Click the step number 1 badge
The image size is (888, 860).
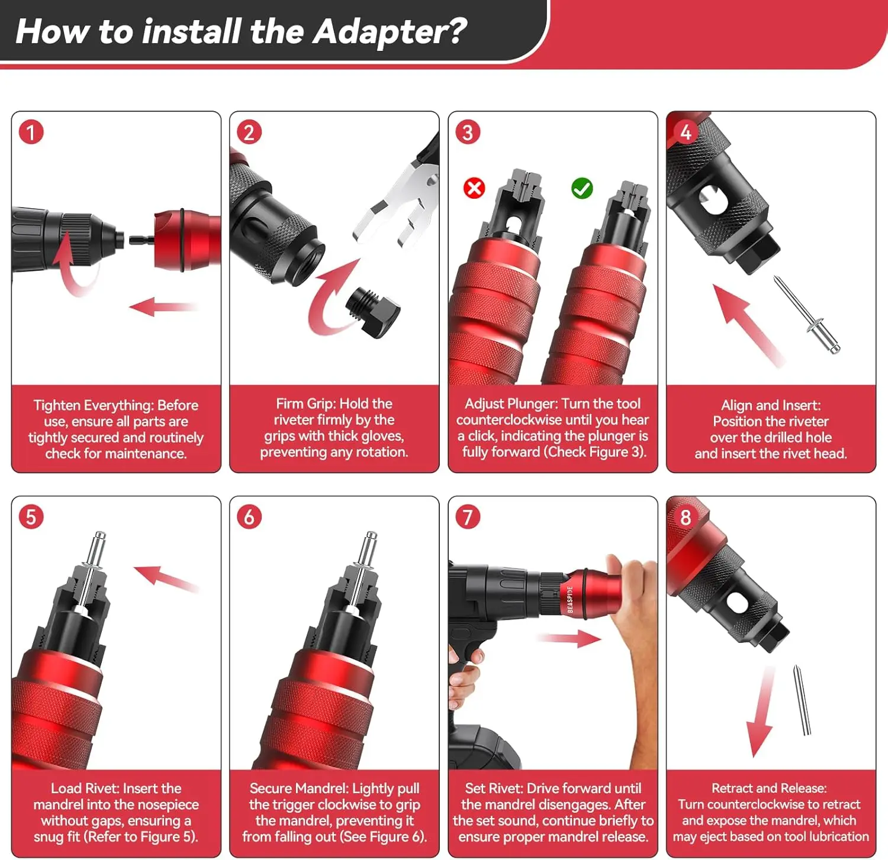[31, 132]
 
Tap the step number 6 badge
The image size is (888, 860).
[249, 517]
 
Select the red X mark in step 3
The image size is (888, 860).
[474, 189]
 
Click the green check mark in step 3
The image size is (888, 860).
[582, 189]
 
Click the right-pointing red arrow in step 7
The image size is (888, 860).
[569, 638]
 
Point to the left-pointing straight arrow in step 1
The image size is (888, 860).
[163, 306]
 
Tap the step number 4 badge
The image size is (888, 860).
[686, 132]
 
